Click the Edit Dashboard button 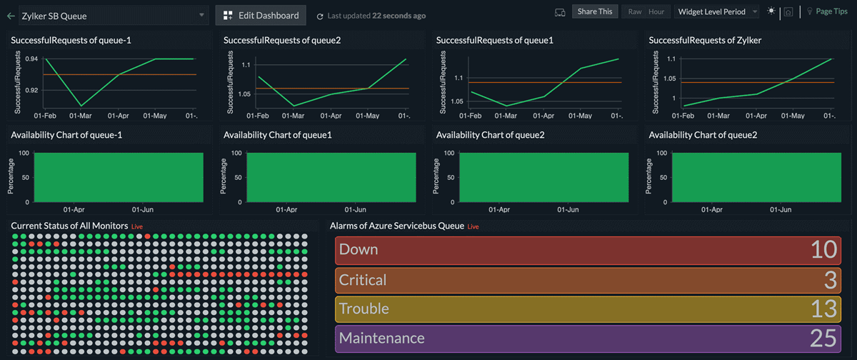(x=261, y=15)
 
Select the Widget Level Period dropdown (x=716, y=11)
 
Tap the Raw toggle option (x=634, y=11)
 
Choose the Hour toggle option (x=656, y=11)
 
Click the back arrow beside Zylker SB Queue (x=10, y=15)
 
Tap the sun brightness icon (x=771, y=11)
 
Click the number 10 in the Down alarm (x=823, y=250)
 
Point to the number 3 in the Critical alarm (x=830, y=280)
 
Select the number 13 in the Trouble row (x=823, y=309)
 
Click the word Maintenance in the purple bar (x=381, y=339)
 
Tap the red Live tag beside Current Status (x=137, y=226)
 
